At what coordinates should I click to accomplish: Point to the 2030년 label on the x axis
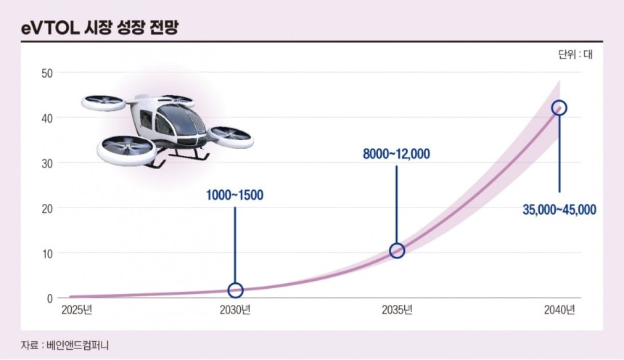(235, 311)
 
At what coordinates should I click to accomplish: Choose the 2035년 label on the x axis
(397, 311)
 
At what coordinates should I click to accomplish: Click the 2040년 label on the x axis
(559, 311)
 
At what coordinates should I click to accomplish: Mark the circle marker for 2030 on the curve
(235, 290)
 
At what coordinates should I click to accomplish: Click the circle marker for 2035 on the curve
(397, 250)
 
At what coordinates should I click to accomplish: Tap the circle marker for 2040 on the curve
(559, 108)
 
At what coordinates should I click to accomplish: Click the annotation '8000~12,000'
(397, 153)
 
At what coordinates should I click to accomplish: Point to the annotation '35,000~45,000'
(559, 210)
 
